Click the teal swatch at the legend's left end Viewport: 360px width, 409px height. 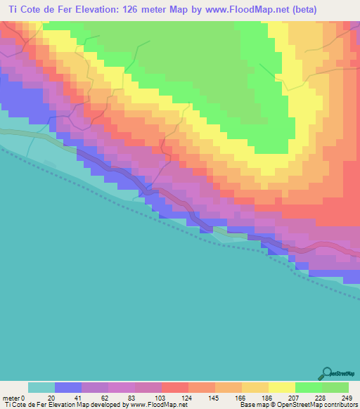coord(41,387)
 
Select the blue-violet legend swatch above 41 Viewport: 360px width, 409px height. coord(67,387)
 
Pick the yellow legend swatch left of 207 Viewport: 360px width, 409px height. coord(281,387)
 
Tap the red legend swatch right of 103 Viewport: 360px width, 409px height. coord(174,387)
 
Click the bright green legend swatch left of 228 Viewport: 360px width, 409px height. coord(308,387)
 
